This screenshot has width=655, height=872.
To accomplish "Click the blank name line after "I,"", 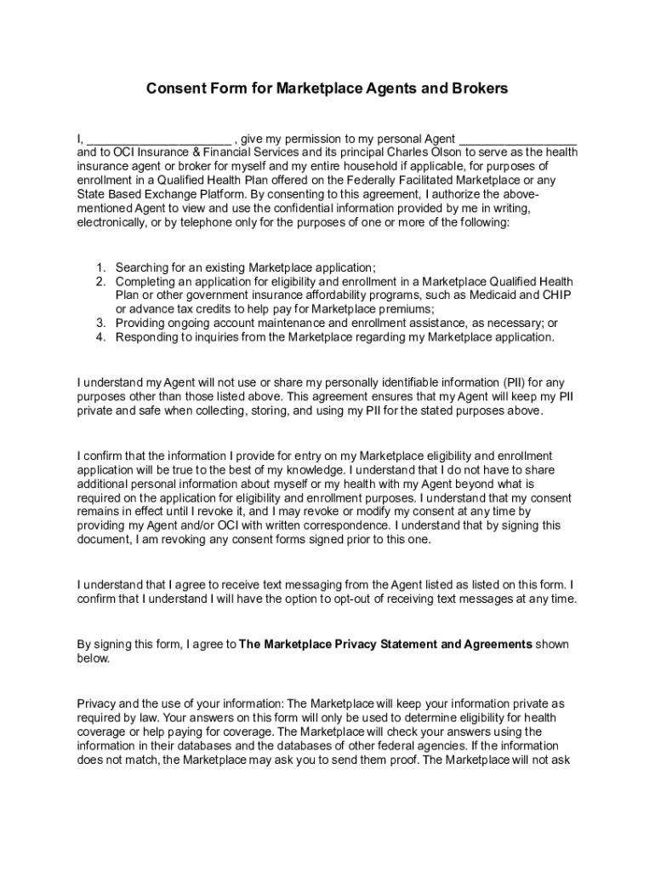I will click(158, 140).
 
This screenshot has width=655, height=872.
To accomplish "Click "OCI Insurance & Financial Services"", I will click(183, 152).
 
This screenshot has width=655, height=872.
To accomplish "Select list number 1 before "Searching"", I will click(100, 267).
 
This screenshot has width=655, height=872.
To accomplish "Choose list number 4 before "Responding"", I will click(100, 337).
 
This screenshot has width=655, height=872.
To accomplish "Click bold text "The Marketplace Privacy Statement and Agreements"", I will click(386, 645).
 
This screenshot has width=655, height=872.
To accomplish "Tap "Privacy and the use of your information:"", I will click(181, 704).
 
